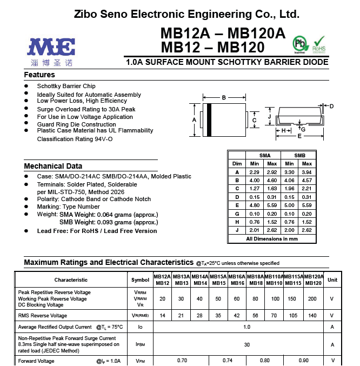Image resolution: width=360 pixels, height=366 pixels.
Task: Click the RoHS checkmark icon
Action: (x=319, y=43)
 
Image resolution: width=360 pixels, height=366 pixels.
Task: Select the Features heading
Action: (x=39, y=75)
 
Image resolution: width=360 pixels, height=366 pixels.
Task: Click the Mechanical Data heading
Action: (x=53, y=166)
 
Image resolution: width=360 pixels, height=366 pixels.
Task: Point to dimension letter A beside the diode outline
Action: (x=194, y=119)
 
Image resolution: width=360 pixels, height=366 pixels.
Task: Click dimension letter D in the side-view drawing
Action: (x=331, y=106)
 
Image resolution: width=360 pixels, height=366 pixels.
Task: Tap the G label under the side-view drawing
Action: (x=303, y=129)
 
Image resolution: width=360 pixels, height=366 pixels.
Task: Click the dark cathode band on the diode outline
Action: (x=209, y=119)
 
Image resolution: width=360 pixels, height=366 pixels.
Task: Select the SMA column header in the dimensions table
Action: (x=265, y=155)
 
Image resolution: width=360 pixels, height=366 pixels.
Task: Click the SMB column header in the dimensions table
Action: (x=299, y=155)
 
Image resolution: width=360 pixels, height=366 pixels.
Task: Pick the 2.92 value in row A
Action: (x=271, y=172)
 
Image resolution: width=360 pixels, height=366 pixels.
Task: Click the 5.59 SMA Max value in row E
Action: (x=271, y=205)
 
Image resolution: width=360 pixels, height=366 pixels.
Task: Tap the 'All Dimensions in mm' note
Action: (x=272, y=238)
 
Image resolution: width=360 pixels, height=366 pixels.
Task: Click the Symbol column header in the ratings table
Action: (x=141, y=280)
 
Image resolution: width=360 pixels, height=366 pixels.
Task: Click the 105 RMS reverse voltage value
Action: (x=293, y=315)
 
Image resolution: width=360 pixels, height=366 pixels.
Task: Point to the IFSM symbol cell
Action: (x=141, y=344)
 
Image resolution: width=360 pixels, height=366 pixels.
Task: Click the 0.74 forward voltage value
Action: (x=228, y=361)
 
